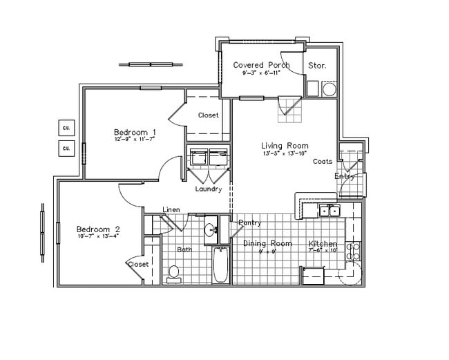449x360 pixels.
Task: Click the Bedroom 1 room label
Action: coord(135,132)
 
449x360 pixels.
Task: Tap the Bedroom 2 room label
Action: coord(98,229)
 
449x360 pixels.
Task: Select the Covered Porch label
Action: coord(261,65)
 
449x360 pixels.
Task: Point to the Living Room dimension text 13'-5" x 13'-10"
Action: coord(285,153)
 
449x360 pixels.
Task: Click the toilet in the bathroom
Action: coord(174,274)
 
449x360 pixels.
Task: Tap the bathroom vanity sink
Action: coord(210,229)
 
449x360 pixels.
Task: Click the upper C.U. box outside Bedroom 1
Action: coord(67,128)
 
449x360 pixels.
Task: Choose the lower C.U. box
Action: coord(67,148)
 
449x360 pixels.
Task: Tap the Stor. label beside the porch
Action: coord(317,66)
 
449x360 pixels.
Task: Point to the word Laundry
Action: coord(209,189)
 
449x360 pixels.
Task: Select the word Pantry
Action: coord(249,222)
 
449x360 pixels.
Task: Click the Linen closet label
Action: coord(171,209)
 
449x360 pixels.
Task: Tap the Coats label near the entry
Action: coord(323,162)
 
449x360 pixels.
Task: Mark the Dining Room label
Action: coord(267,244)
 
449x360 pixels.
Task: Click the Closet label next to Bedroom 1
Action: coord(208,115)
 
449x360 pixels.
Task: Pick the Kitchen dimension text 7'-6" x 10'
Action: coord(323,252)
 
